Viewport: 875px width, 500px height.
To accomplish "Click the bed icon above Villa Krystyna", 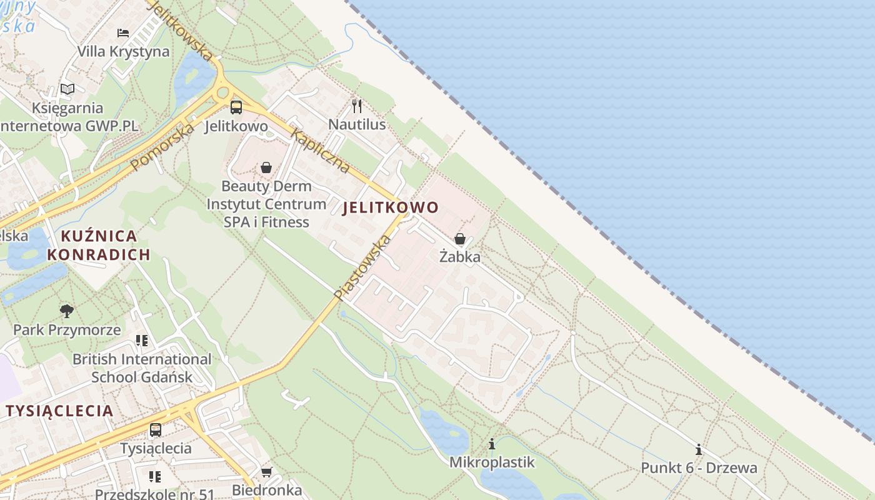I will point(123,32).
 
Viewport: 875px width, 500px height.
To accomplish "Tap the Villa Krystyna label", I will point(123,51).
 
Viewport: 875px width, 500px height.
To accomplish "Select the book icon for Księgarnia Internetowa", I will point(67,89).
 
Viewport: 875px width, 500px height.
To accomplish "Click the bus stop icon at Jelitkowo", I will point(236,107).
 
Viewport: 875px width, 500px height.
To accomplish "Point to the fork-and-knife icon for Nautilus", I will point(357,106).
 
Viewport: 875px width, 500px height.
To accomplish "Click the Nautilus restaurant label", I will point(357,124).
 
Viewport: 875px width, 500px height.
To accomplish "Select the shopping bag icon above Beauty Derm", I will point(266,167).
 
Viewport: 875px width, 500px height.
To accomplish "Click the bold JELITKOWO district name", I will point(391,207).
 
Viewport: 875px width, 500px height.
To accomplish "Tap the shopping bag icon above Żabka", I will point(460,239).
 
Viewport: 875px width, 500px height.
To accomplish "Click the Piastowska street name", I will point(363,268).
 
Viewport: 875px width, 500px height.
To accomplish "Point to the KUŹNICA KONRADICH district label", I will point(99,245).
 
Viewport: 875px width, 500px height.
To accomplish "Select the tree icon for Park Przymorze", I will point(67,311).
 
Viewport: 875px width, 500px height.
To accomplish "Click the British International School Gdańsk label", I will point(142,368).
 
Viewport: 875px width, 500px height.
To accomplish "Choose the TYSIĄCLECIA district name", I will point(60,411).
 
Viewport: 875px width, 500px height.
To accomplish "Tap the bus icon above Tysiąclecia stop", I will point(156,430).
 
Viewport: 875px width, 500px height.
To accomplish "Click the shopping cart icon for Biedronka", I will point(267,472).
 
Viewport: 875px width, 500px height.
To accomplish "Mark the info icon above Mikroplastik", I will point(492,444).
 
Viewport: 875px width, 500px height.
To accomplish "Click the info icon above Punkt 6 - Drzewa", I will point(699,449).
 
